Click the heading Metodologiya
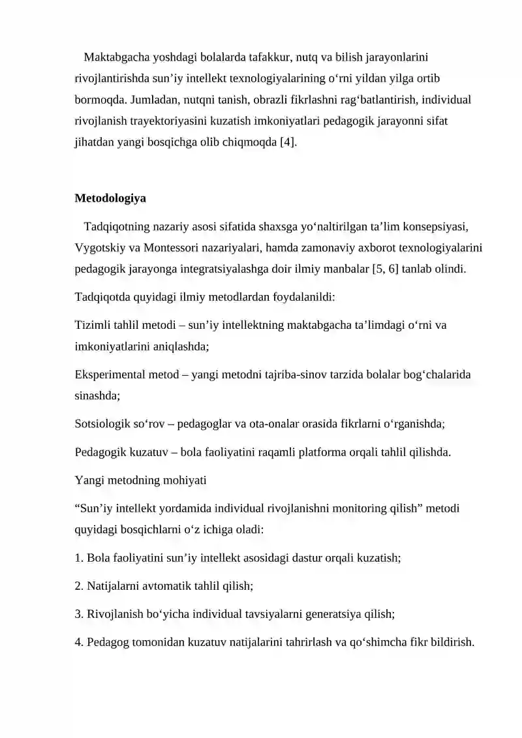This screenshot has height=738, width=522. click(110, 198)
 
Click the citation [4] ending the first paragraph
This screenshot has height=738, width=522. click(287, 142)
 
